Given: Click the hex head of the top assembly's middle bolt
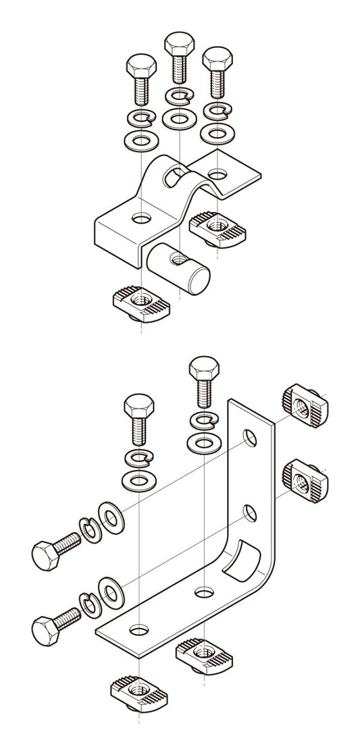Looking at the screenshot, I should coord(177,45).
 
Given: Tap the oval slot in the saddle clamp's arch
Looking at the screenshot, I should coord(174,177).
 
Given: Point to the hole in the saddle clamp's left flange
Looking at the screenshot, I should coord(141,218).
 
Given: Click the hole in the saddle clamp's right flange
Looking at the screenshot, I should coord(216,175).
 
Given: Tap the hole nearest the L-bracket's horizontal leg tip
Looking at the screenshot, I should coord(139,629).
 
